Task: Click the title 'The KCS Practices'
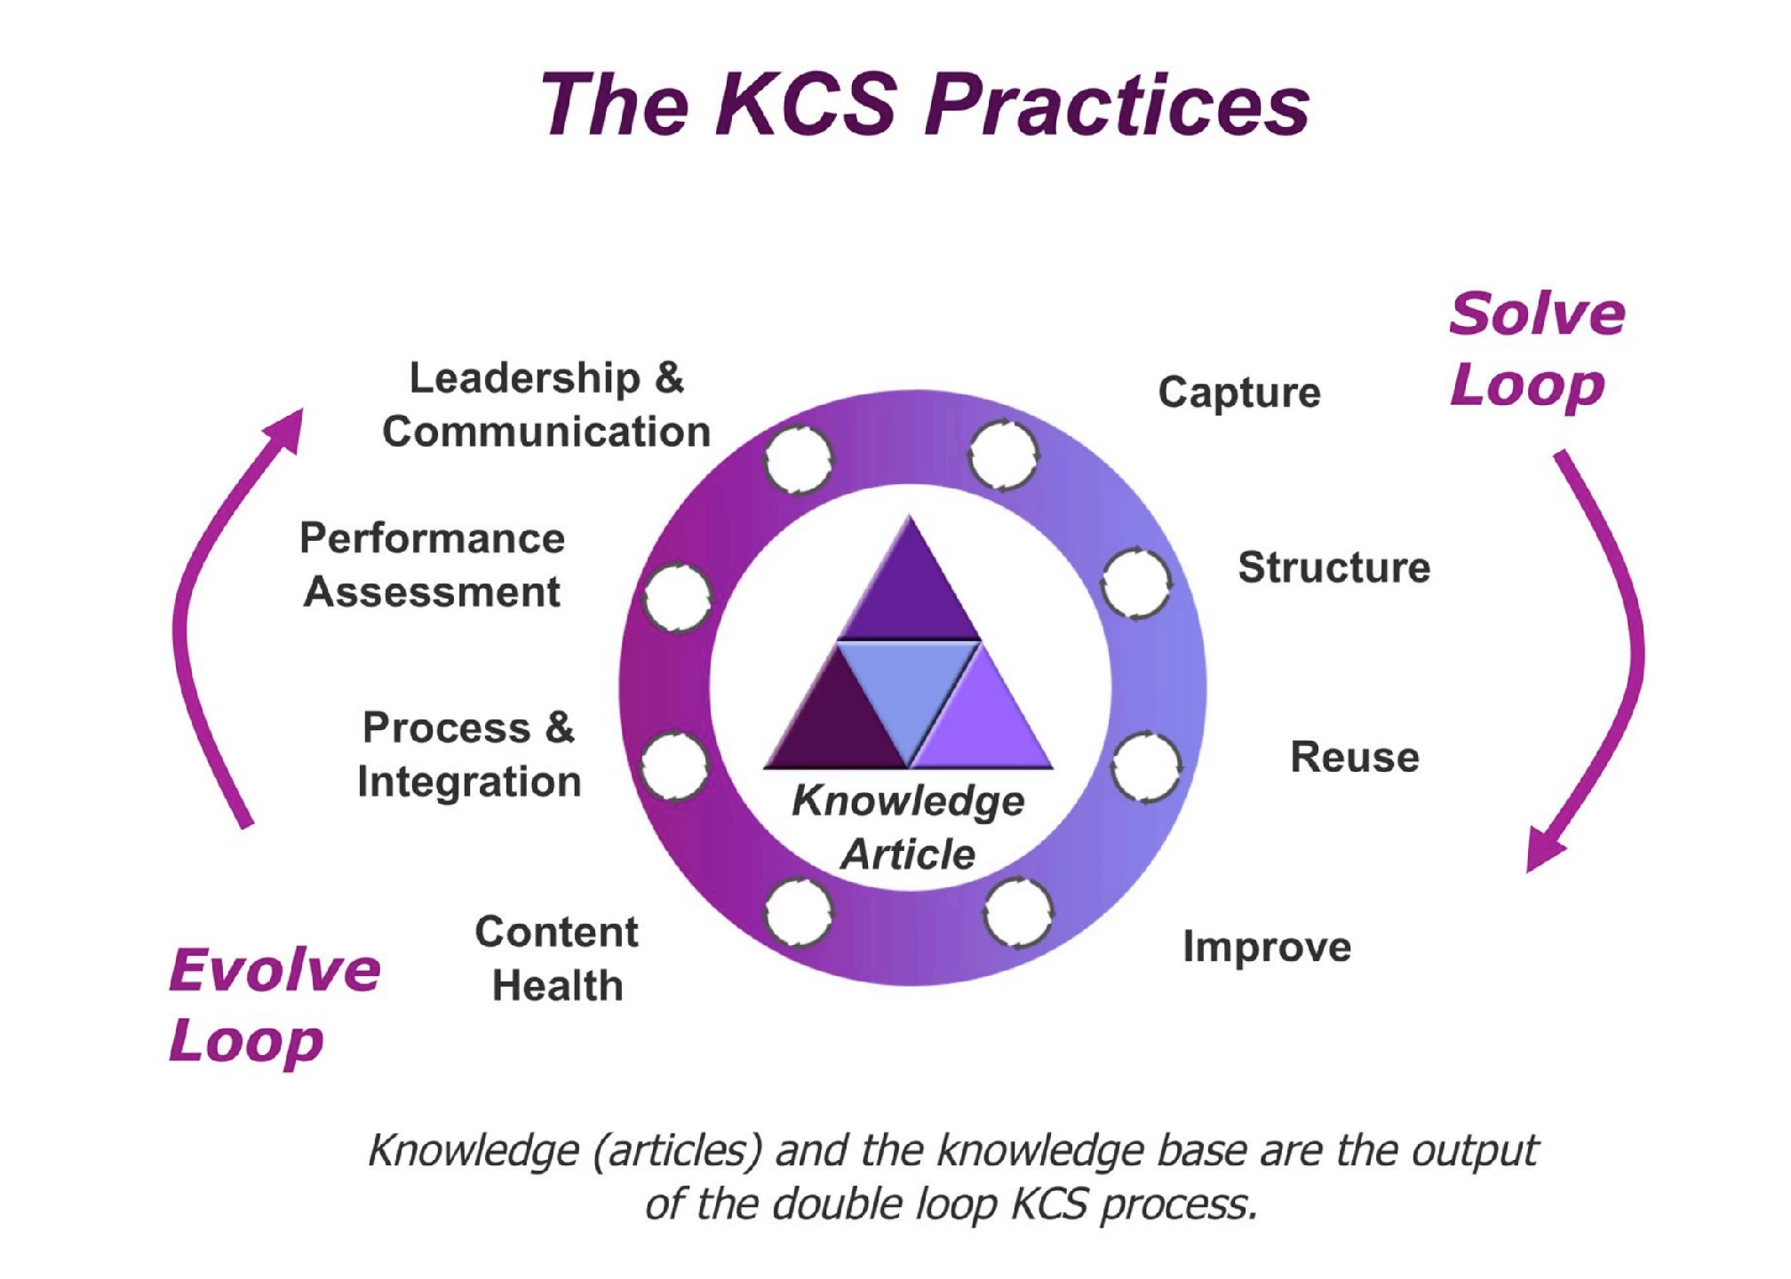(x=925, y=105)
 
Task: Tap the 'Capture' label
(x=1239, y=393)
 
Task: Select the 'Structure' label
(x=1333, y=568)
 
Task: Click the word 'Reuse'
(x=1354, y=758)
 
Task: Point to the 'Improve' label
(x=1267, y=947)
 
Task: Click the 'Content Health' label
(x=557, y=958)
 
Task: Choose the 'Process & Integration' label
(x=469, y=755)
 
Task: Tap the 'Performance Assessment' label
(x=433, y=565)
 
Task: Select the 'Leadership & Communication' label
(x=546, y=405)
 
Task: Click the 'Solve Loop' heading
(x=1536, y=349)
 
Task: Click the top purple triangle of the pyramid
(x=909, y=591)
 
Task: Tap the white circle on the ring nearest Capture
(x=1004, y=456)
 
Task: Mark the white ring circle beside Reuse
(x=1146, y=767)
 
